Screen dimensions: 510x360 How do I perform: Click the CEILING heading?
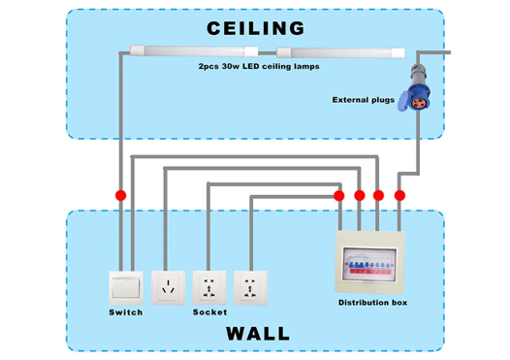[256, 28]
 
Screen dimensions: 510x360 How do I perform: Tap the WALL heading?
[258, 333]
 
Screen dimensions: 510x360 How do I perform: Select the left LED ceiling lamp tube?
[194, 51]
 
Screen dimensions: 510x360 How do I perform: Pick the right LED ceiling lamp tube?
[340, 52]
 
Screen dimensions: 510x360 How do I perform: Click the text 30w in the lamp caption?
[231, 66]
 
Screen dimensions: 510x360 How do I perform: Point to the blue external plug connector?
[416, 88]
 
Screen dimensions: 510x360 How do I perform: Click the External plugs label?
[364, 100]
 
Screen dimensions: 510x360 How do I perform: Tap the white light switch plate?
[126, 288]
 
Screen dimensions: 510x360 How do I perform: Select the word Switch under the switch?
[126, 312]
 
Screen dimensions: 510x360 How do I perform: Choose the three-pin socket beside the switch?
[168, 288]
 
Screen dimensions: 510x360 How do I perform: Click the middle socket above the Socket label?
[209, 288]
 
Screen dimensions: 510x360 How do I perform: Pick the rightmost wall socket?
[250, 288]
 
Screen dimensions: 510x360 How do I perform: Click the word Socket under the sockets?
[209, 312]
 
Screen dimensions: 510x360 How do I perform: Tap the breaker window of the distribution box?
[369, 264]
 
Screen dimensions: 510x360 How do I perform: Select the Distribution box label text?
[372, 303]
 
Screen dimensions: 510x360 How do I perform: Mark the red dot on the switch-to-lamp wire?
[120, 195]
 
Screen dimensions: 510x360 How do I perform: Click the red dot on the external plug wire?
[399, 195]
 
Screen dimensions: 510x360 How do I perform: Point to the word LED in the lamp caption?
[251, 66]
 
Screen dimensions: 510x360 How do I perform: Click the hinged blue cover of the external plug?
[403, 101]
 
